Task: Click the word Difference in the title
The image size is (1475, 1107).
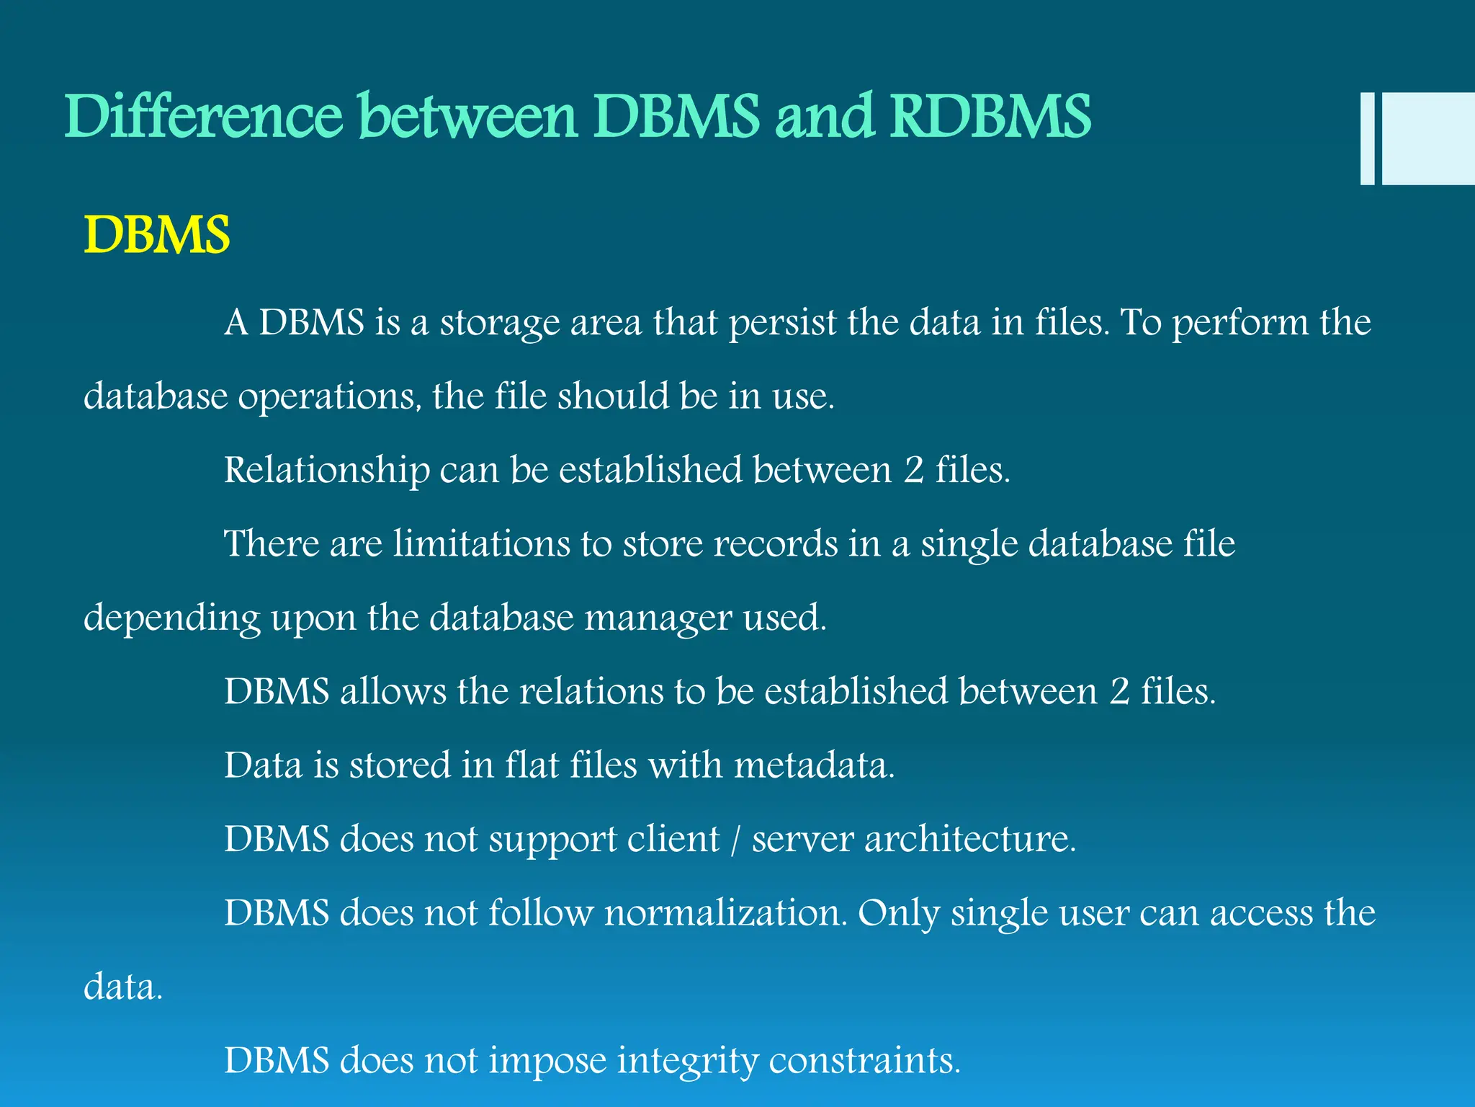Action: (x=204, y=117)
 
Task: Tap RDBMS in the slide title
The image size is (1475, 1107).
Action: (x=991, y=117)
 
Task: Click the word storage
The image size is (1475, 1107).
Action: (x=500, y=322)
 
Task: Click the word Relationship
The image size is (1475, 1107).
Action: (x=326, y=470)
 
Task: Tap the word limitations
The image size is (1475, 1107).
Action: (x=481, y=543)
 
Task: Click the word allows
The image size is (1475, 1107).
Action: (x=393, y=691)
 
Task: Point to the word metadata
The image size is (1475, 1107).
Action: (x=814, y=765)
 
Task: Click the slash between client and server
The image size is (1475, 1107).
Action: (x=735, y=840)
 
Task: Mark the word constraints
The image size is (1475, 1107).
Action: (x=864, y=1061)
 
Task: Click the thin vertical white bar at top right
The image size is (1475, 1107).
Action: (x=1367, y=139)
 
